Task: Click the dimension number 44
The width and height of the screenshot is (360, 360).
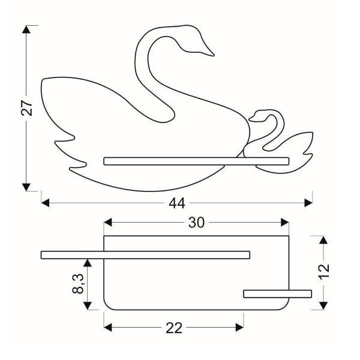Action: (176, 203)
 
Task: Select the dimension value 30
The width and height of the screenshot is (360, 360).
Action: (196, 223)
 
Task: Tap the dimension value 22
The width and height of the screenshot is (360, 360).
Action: (173, 328)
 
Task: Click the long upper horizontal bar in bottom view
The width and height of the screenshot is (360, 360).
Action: (144, 255)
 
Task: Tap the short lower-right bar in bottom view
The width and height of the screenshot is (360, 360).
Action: (278, 293)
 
